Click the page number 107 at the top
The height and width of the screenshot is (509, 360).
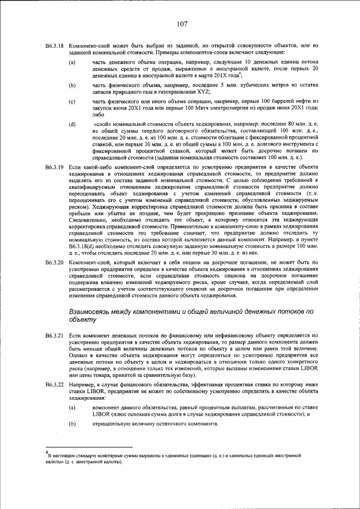point(181,24)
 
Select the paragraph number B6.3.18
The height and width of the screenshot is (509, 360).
point(55,44)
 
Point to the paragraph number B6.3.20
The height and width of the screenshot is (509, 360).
point(55,263)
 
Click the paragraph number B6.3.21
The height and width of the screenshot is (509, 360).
point(55,335)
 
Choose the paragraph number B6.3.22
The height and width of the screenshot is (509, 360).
point(55,385)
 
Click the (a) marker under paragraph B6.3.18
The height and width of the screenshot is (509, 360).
point(72,62)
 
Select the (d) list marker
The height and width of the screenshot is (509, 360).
point(72,123)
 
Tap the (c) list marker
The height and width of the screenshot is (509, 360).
point(72,101)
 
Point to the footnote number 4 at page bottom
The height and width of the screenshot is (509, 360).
point(47,451)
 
